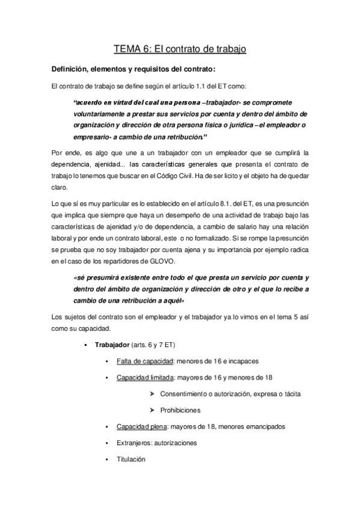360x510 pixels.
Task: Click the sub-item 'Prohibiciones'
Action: (180, 410)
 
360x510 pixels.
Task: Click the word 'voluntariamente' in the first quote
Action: (100, 114)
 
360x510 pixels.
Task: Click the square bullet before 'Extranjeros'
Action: (106, 443)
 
